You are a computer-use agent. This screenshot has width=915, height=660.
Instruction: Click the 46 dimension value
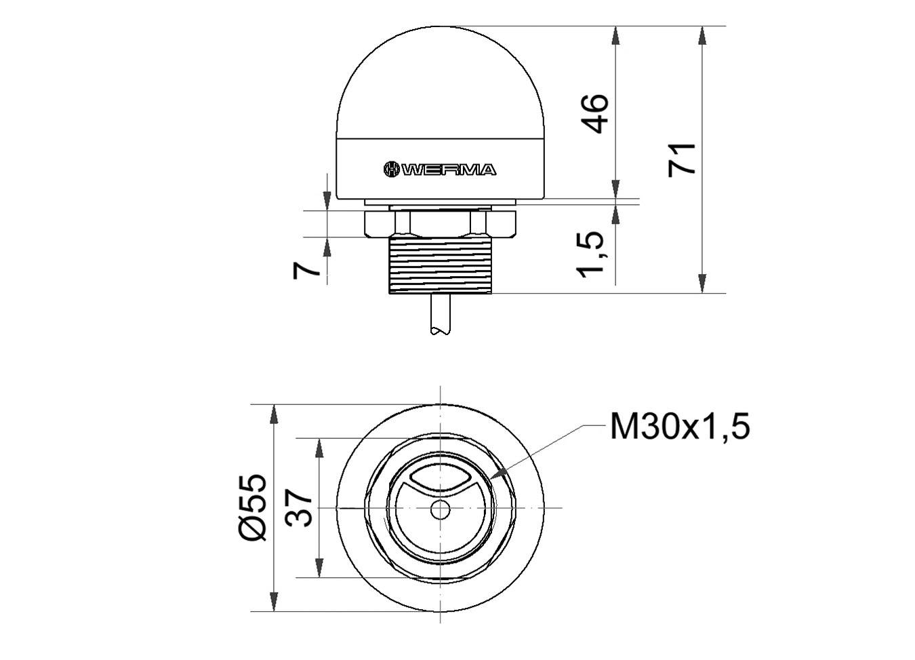pyautogui.click(x=596, y=113)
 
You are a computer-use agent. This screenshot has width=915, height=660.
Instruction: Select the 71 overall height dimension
pyautogui.click(x=683, y=159)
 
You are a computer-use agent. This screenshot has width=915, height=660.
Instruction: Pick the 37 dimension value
pyautogui.click(x=300, y=508)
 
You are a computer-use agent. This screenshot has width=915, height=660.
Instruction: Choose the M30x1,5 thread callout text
pyautogui.click(x=680, y=427)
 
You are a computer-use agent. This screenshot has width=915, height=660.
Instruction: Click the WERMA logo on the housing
pyautogui.click(x=440, y=170)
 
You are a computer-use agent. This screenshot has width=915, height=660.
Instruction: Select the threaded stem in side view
pyautogui.click(x=441, y=265)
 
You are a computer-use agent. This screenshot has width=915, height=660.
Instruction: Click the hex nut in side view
pyautogui.click(x=441, y=222)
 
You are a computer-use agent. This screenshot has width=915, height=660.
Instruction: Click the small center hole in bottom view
pyautogui.click(x=441, y=509)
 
